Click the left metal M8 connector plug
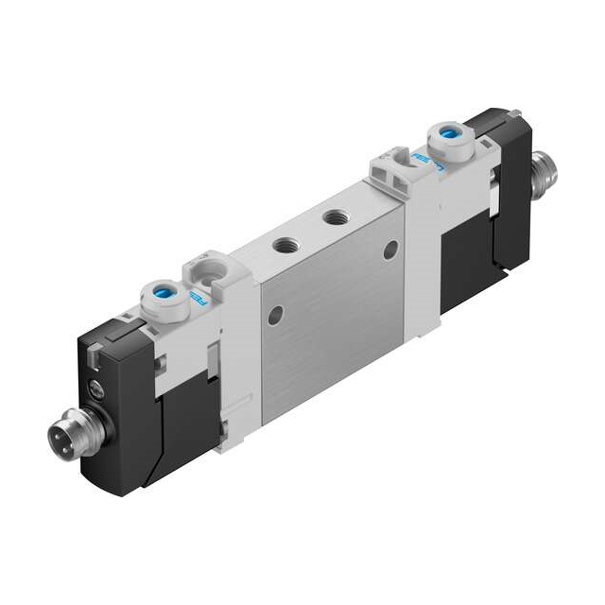pos(66,438)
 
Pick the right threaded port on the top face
pos(332,218)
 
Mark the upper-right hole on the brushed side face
pos(390,250)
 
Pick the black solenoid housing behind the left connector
pos(128,406)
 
